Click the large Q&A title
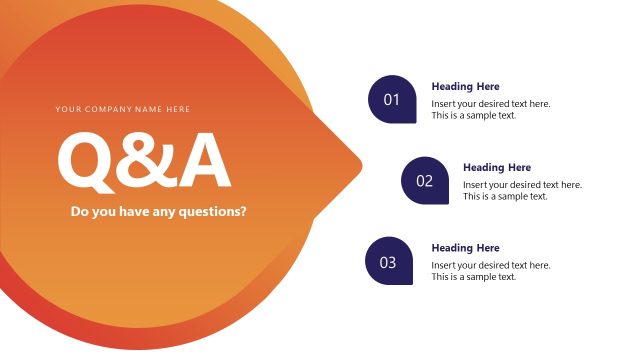click(x=144, y=160)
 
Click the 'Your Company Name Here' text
click(x=122, y=109)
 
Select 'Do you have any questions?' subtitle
click(x=158, y=211)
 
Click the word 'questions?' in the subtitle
click(x=213, y=212)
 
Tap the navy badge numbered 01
click(x=392, y=100)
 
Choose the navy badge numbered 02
click(x=424, y=181)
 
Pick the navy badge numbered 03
click(x=389, y=262)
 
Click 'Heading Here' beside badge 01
click(x=465, y=87)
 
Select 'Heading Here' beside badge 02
click(x=497, y=168)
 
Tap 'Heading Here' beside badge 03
click(x=465, y=248)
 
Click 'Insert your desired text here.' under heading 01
click(x=490, y=104)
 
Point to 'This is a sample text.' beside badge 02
click(x=505, y=197)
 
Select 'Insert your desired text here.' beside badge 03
click(x=490, y=265)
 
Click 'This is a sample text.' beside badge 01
click(x=473, y=116)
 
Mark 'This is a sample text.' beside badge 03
click(x=473, y=277)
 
